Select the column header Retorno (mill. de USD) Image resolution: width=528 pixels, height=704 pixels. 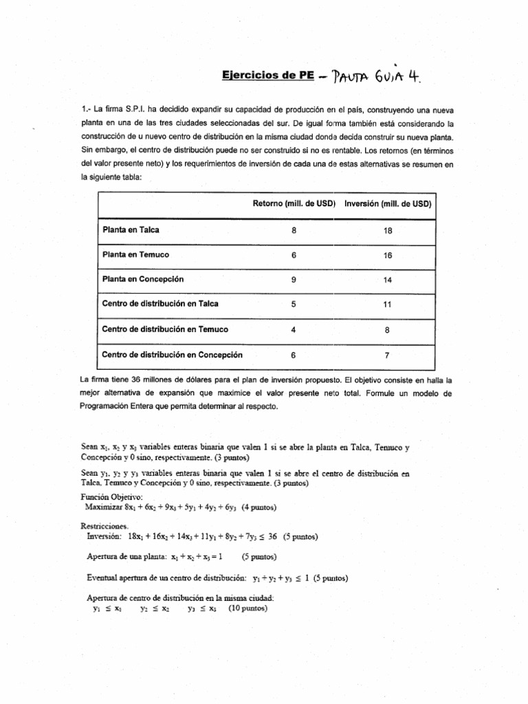pos(294,205)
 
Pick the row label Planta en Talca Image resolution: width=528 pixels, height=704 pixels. pos(131,230)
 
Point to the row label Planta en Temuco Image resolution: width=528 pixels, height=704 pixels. pos(135,255)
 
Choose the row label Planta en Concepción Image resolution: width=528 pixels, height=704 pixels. pos(143,280)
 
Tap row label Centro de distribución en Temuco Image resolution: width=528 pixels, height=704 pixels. pos(165,330)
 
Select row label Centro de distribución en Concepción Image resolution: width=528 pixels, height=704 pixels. pos(172,355)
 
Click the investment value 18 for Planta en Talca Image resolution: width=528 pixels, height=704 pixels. pos(387,230)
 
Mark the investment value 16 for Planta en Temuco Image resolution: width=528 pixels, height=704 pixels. pos(387,255)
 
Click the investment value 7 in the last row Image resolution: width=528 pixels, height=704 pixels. pos(387,355)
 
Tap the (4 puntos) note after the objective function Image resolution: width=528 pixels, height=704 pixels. pos(254,508)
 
